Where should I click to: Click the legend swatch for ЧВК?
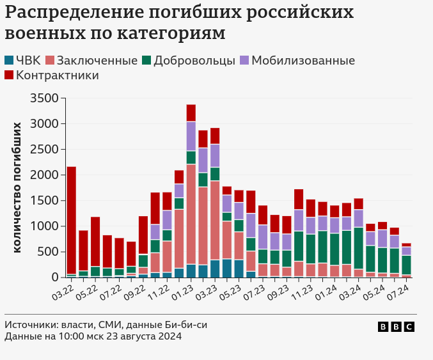8,61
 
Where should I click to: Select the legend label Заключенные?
97,61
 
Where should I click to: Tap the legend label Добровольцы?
194,61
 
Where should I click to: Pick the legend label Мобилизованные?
303,61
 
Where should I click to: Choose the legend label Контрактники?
58,75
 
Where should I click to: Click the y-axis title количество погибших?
17,187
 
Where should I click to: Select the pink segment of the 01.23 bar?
191,214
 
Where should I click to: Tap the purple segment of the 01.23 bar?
191,136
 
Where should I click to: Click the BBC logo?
396,327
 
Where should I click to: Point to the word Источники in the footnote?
29,325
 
